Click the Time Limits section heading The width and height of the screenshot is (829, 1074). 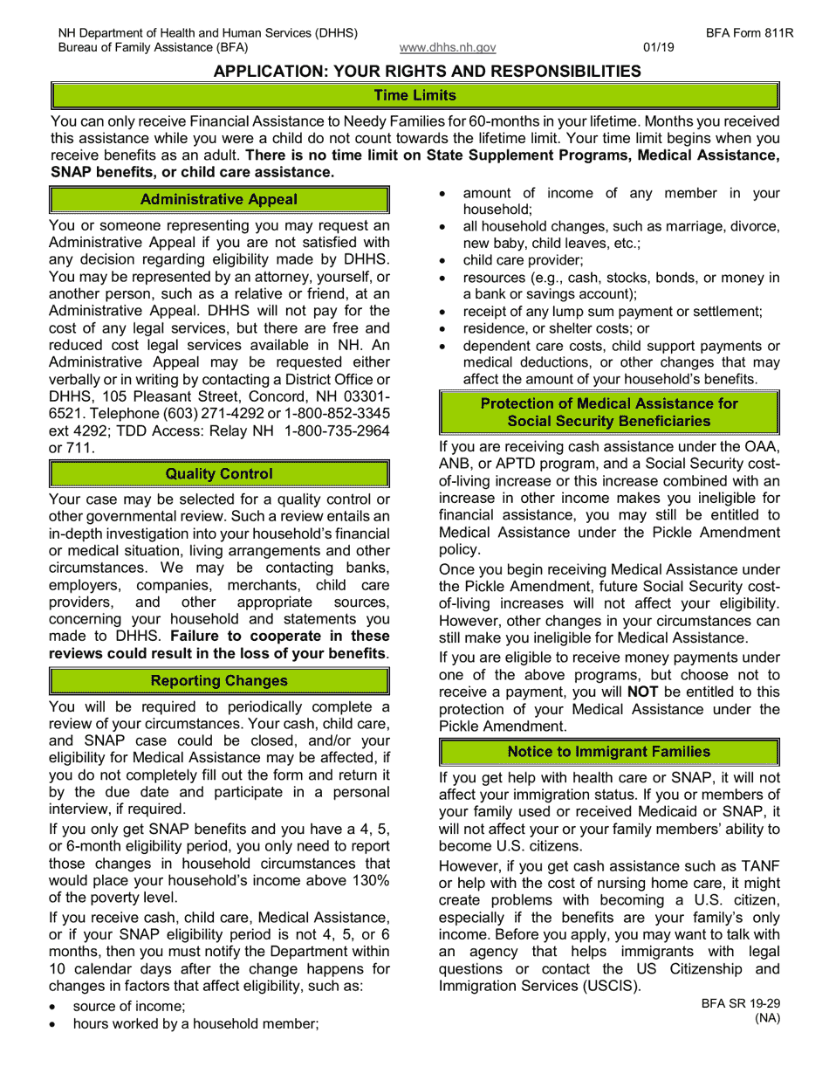[414, 95]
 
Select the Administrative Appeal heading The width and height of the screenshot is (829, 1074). [219, 200]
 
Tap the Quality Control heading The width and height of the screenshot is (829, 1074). [219, 474]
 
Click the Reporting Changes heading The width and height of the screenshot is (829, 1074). [219, 681]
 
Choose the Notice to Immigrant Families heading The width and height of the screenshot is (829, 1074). [608, 752]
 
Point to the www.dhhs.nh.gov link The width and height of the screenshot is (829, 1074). [448, 48]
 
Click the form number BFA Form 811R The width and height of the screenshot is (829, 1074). [743, 33]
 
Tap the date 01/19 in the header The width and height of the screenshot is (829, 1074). [656, 48]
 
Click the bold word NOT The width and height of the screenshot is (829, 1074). [642, 692]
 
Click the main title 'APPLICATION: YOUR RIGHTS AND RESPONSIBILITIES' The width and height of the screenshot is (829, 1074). [427, 72]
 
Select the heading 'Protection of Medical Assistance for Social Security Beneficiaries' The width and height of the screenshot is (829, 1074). [608, 412]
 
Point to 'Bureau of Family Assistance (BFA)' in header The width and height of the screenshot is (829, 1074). [153, 48]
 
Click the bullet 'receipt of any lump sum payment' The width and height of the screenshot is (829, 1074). [612, 312]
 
